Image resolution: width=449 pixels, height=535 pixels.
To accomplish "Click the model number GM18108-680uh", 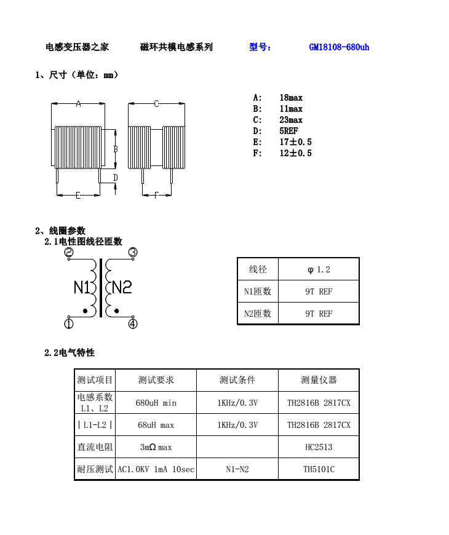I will click(x=339, y=47).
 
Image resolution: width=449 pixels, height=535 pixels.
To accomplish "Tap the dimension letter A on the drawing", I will click(x=78, y=104).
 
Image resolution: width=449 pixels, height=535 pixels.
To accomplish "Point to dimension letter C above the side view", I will click(x=156, y=104).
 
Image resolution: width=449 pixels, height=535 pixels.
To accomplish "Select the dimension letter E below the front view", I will click(x=78, y=196).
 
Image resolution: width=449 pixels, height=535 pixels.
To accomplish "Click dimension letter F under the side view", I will click(x=156, y=196).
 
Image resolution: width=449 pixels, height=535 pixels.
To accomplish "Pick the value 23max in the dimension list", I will click(x=291, y=120).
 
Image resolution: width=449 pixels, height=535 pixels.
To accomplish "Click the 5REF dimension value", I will click(x=288, y=131).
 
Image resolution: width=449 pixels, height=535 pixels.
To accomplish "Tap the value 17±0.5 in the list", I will click(x=295, y=142).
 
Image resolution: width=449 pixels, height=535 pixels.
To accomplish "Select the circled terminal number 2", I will click(x=69, y=253).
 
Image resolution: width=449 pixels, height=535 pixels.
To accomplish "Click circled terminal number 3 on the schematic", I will click(x=132, y=252).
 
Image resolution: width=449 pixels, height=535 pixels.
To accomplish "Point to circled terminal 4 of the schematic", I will click(x=133, y=324).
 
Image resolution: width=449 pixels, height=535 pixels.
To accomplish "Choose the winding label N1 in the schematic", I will click(x=82, y=287).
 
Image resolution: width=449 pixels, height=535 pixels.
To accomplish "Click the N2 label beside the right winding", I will click(x=122, y=287).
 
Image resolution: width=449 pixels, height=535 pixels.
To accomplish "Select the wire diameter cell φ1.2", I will click(x=319, y=269).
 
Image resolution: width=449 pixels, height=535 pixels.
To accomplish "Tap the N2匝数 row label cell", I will click(x=258, y=314).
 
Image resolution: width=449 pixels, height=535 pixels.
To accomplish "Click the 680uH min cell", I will click(x=156, y=403).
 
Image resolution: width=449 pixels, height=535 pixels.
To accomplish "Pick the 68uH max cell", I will click(x=156, y=425).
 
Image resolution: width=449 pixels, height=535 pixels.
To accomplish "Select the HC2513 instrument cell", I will click(x=319, y=447).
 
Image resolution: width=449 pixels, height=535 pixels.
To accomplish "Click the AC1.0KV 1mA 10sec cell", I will click(x=156, y=469).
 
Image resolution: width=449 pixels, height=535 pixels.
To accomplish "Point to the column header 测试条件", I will click(x=237, y=380).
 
